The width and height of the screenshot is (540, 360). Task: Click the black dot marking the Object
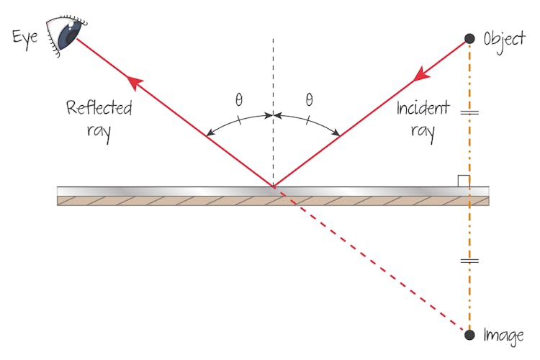[x=469, y=38]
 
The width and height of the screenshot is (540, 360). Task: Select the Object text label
[x=504, y=38]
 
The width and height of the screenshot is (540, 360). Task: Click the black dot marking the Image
[x=469, y=335]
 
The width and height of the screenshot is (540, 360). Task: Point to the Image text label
[x=505, y=336]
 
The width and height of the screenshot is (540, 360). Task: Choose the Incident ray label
[x=426, y=120]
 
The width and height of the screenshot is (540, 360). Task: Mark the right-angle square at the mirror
[x=464, y=181]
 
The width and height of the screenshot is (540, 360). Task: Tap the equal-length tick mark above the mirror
[x=469, y=113]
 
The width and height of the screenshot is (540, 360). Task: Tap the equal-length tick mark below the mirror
[x=469, y=261]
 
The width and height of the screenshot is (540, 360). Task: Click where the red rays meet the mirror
[x=273, y=187]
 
